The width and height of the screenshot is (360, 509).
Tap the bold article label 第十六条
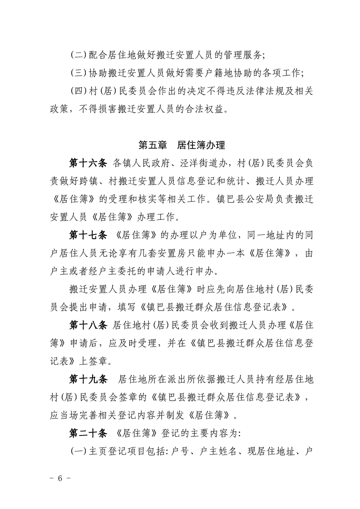[88, 163]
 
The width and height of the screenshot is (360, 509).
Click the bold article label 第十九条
[88, 378]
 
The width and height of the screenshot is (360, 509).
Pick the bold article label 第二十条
[88, 433]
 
